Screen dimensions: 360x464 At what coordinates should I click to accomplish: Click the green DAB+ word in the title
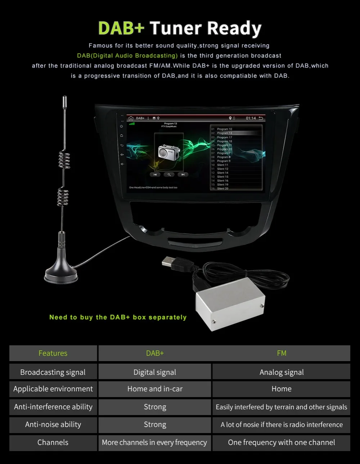[121, 28]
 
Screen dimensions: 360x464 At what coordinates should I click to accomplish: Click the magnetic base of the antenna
[61, 273]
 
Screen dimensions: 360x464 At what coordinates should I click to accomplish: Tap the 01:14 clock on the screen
[251, 118]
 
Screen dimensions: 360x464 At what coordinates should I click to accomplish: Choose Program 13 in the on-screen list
[225, 133]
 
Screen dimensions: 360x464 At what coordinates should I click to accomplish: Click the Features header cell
[53, 353]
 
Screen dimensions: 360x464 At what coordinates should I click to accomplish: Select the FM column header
[282, 353]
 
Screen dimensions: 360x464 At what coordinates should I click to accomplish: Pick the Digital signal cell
[155, 372]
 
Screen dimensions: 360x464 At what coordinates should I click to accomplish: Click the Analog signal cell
[282, 372]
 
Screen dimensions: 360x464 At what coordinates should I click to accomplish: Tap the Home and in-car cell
[155, 389]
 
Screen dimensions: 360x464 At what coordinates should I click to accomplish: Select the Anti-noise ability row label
[53, 424]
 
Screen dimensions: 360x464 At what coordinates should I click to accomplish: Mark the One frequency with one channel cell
[282, 442]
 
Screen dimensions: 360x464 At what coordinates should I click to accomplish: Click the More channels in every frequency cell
[155, 442]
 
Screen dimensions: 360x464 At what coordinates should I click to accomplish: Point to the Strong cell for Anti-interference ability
[155, 407]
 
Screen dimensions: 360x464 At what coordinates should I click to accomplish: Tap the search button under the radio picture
[169, 174]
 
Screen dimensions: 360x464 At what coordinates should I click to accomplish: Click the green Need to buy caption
[118, 317]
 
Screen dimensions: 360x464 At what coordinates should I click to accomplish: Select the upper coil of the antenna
[64, 160]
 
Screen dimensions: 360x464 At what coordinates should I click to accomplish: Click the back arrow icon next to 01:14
[261, 118]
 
